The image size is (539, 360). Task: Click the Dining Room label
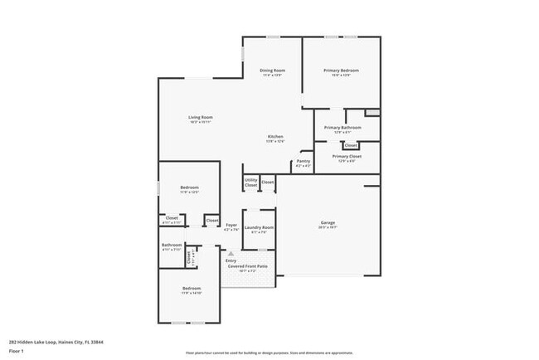coord(273,71)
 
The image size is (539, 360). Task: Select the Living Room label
coord(201,117)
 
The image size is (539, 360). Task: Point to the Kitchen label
coord(275,136)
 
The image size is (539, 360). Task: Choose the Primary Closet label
coord(347,156)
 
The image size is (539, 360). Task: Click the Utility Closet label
coord(250,182)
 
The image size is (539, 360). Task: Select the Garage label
coord(328,221)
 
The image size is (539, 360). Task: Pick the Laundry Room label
coord(259,226)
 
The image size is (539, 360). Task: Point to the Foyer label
coord(231,225)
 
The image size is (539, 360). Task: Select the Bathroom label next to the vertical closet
coord(172,245)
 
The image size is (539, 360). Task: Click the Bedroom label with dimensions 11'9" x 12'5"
coord(189,187)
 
